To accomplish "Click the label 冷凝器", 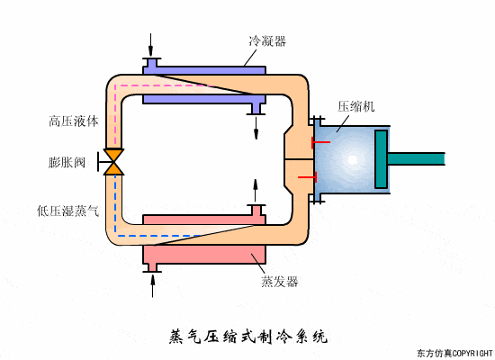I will point(266,41).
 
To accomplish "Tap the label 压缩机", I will point(355,106).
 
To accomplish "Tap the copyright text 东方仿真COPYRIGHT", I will point(455,353).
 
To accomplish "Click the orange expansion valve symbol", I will point(114,162).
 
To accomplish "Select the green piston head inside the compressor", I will point(381,159).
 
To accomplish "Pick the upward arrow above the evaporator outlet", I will point(256,190).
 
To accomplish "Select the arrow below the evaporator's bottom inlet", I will point(151,284).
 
